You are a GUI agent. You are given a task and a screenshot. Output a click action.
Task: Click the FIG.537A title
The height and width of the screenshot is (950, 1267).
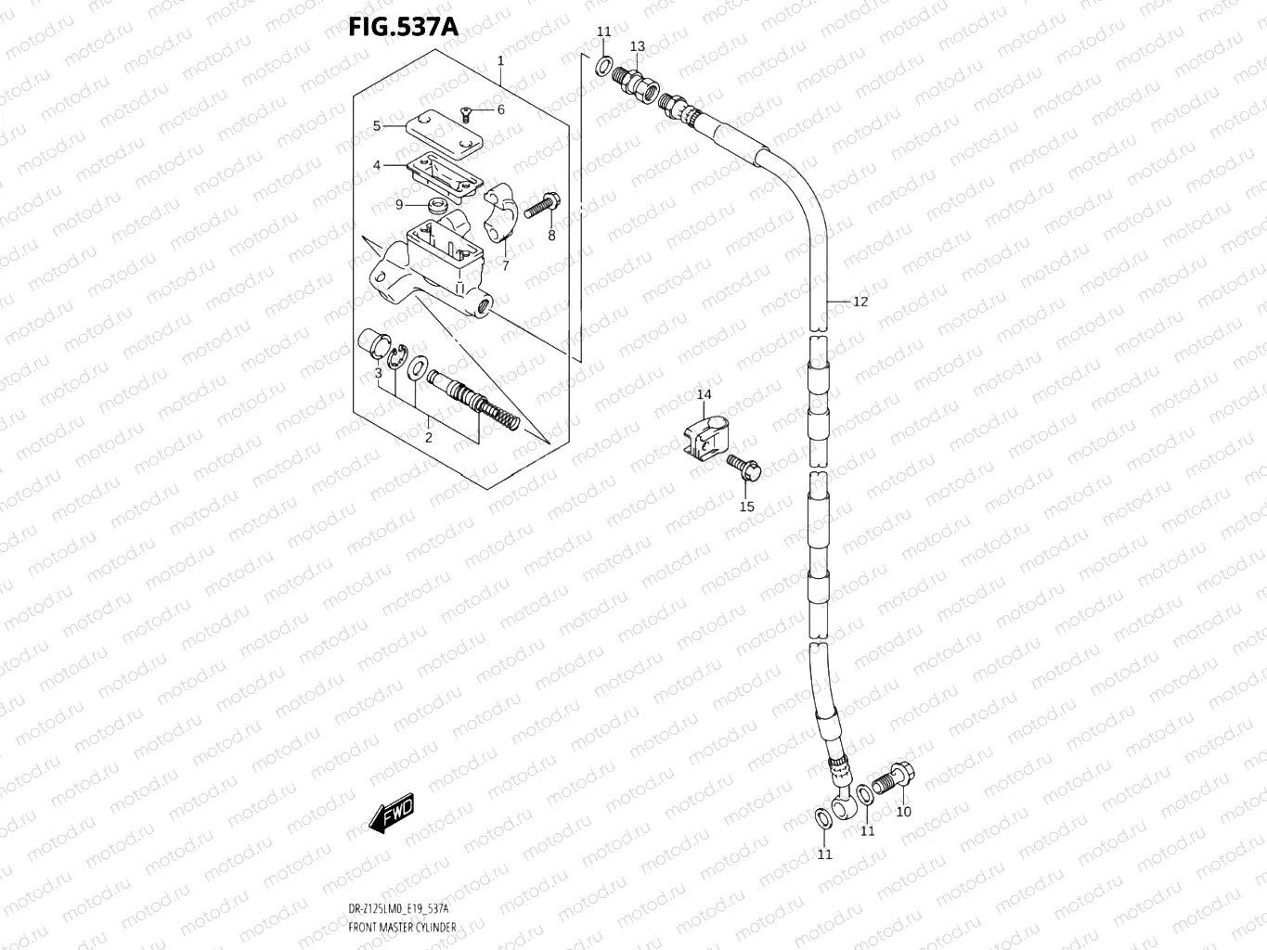point(403,26)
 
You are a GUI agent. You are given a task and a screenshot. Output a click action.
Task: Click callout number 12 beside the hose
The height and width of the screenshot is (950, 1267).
point(860,302)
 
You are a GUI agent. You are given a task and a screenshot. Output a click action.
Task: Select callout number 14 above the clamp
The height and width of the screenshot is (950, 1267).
point(705,394)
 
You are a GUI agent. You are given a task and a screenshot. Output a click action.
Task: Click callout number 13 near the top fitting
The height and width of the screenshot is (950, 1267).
point(638,46)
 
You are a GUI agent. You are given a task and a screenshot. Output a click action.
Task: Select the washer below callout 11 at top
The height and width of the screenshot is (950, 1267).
point(602,66)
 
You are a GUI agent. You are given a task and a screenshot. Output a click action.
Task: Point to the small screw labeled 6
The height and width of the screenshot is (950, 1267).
point(469,114)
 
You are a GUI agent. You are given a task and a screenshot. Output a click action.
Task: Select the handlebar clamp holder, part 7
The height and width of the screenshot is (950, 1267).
point(502,209)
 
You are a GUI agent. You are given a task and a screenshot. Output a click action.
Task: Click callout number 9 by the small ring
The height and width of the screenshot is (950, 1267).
point(399,205)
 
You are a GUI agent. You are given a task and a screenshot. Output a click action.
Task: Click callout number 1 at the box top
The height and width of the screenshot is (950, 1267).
point(500,61)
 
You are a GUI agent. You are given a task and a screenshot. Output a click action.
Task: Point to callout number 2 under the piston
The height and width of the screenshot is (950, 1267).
point(428,437)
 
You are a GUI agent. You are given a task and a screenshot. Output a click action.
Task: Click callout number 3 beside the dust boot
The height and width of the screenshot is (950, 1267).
point(378,373)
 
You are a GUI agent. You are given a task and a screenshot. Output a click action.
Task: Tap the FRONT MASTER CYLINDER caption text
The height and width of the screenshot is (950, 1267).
point(402,928)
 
